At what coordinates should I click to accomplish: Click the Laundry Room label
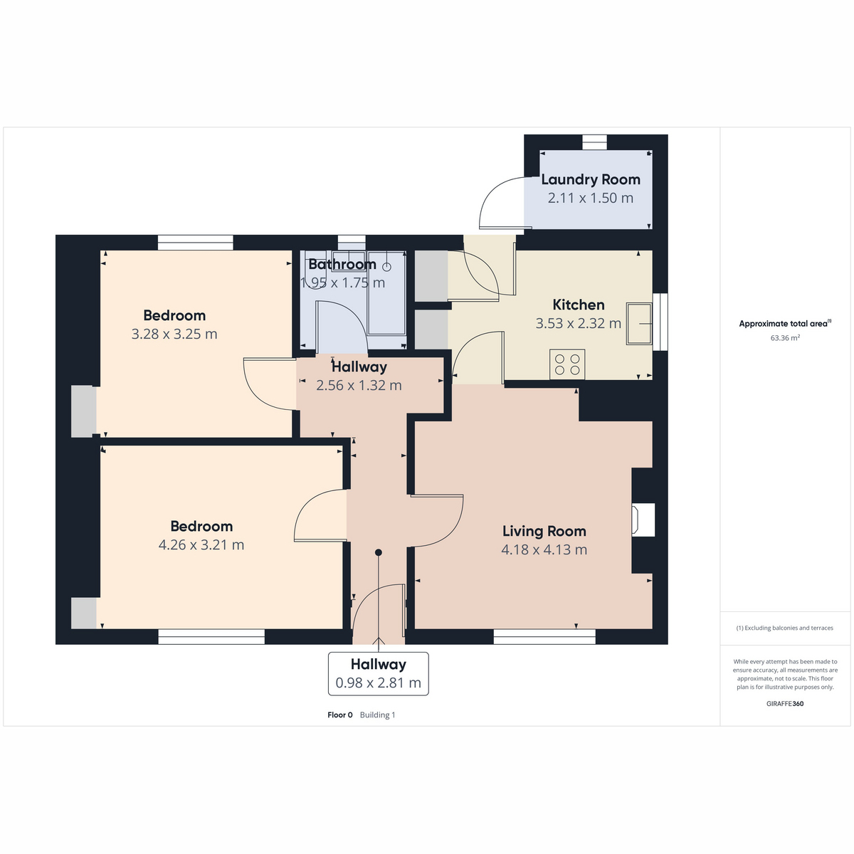coord(590,179)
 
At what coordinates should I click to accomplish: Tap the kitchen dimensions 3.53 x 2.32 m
coord(578,324)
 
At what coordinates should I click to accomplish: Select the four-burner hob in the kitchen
coord(566,364)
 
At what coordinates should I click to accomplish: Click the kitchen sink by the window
coord(638,324)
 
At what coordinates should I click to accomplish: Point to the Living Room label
coord(544,531)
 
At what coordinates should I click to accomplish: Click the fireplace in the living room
coord(643,520)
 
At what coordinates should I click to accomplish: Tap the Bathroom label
coord(342,264)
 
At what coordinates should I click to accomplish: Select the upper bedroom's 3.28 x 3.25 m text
coord(174,334)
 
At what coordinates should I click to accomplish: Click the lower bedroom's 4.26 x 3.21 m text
coord(201,544)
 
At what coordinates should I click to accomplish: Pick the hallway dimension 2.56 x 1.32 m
coord(359,385)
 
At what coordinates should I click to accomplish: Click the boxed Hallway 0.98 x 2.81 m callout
coord(378,673)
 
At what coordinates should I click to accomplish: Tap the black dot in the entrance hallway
coord(378,552)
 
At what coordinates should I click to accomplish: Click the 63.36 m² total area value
coord(785,338)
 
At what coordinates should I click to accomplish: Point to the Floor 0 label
coord(340,715)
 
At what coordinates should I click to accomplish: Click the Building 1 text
coord(377,715)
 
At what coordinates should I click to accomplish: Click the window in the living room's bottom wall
coord(544,637)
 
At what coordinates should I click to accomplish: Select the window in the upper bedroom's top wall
coord(195,243)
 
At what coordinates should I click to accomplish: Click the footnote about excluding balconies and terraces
coord(784,628)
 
